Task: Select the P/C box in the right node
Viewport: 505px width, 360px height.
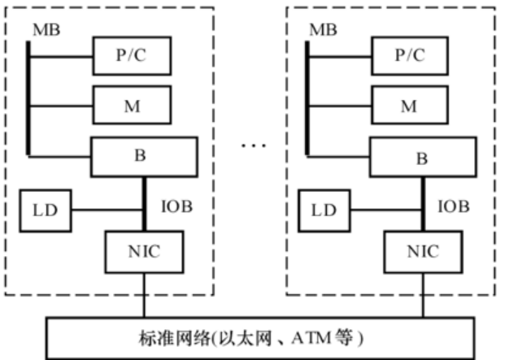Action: pos(411,56)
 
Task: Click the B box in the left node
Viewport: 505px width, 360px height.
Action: pos(144,155)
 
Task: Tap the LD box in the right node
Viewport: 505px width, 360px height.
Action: pos(324,210)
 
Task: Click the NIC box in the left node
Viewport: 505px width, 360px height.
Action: pos(143,252)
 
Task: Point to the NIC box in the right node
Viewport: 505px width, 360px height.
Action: pos(423,252)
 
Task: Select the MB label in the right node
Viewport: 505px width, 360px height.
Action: pos(323,29)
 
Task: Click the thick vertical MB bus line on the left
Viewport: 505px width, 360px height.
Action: pos(29,98)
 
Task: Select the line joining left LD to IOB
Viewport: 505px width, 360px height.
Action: pos(107,210)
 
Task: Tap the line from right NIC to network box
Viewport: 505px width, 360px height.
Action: pos(423,297)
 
